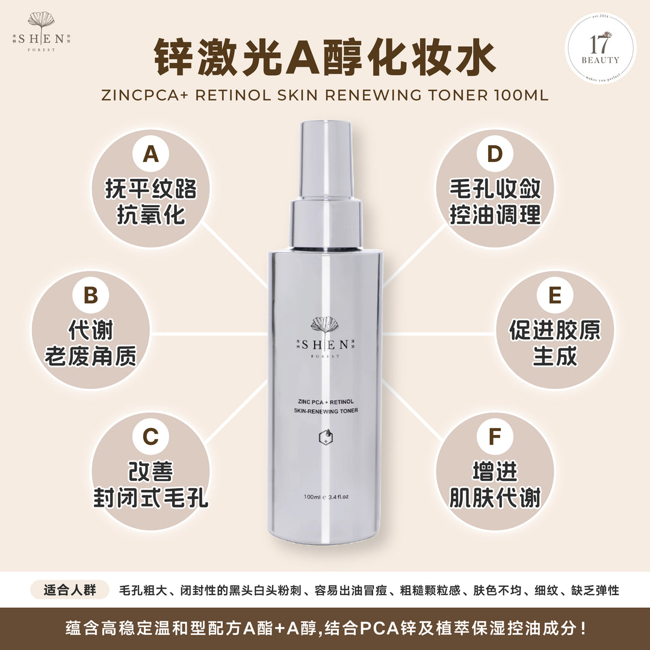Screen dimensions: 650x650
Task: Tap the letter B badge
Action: tap(90, 297)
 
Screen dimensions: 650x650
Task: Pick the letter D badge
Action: tap(495, 155)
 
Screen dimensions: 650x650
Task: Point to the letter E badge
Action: tap(555, 297)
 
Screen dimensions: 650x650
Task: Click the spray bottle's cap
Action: tap(327, 162)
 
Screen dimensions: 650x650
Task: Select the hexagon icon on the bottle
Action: tap(326, 438)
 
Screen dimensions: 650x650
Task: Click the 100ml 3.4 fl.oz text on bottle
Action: tap(327, 497)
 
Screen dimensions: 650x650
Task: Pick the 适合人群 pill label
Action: tap(70, 590)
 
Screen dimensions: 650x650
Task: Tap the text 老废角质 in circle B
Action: tap(90, 357)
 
